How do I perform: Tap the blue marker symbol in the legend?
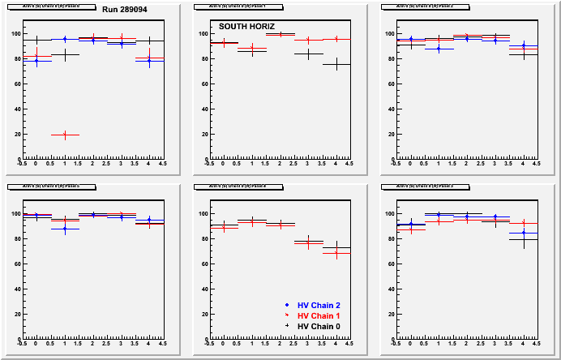click(x=288, y=304)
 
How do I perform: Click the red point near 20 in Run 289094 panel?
click(x=64, y=135)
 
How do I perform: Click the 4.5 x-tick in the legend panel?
click(x=349, y=344)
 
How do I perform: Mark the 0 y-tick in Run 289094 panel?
click(x=17, y=159)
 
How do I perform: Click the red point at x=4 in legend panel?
click(x=336, y=253)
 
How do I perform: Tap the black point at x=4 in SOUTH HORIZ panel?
click(x=336, y=64)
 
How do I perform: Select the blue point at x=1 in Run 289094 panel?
click(x=64, y=39)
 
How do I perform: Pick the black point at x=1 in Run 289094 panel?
click(x=64, y=55)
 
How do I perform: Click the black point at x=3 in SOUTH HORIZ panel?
click(x=308, y=54)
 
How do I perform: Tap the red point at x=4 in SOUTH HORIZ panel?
click(x=336, y=39)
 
